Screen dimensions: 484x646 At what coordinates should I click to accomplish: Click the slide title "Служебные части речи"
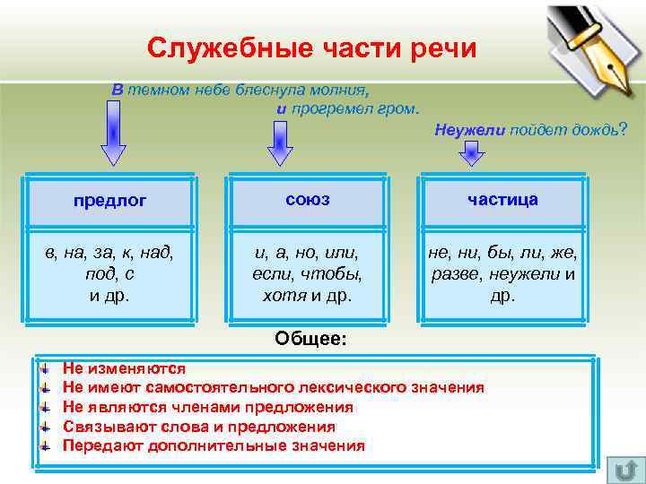312,48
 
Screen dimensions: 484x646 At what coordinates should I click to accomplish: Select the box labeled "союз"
307,199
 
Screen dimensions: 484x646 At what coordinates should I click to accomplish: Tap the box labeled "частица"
502,199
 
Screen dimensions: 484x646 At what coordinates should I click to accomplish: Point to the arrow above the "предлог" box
112,134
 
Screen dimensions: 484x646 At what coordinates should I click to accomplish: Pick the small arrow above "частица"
471,154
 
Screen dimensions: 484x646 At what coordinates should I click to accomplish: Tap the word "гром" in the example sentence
401,109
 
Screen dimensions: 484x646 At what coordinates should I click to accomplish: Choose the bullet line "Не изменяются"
124,368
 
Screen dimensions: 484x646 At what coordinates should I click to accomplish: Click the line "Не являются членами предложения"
207,407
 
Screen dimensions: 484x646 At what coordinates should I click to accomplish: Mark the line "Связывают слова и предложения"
198,427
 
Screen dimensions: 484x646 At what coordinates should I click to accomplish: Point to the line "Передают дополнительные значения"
214,445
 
